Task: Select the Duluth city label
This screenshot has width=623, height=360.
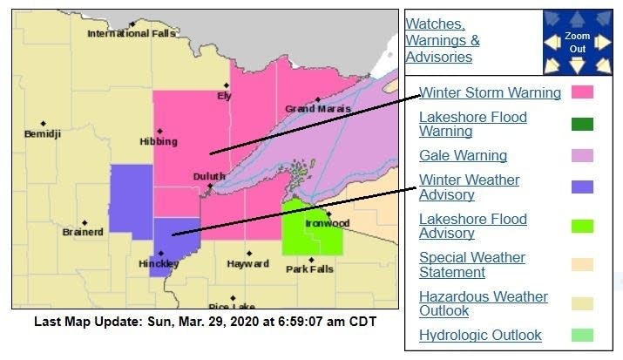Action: [x=208, y=176]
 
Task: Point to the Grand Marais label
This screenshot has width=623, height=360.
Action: [x=318, y=109]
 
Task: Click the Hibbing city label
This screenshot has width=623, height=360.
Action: [x=159, y=141]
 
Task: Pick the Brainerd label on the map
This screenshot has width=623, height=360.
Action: [x=83, y=232]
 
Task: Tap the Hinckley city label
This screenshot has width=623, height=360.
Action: [x=159, y=263]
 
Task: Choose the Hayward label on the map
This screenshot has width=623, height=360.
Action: [x=247, y=263]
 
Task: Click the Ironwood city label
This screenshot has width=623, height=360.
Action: [x=327, y=223]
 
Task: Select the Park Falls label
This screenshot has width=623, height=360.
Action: [x=309, y=268]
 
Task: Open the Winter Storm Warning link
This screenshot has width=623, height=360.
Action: [x=490, y=92]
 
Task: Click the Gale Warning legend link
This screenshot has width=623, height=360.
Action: [x=463, y=156]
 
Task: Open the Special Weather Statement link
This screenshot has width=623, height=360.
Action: [x=472, y=265]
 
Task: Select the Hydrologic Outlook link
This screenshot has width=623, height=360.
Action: [x=480, y=336]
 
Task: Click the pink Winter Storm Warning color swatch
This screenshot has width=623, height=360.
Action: [x=582, y=92]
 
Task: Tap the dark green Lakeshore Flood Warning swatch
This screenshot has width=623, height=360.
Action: [x=582, y=124]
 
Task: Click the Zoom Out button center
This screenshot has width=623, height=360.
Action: [x=577, y=42]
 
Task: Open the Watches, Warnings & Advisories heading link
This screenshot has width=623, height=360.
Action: [x=443, y=40]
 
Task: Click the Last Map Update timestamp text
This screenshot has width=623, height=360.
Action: [x=205, y=322]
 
